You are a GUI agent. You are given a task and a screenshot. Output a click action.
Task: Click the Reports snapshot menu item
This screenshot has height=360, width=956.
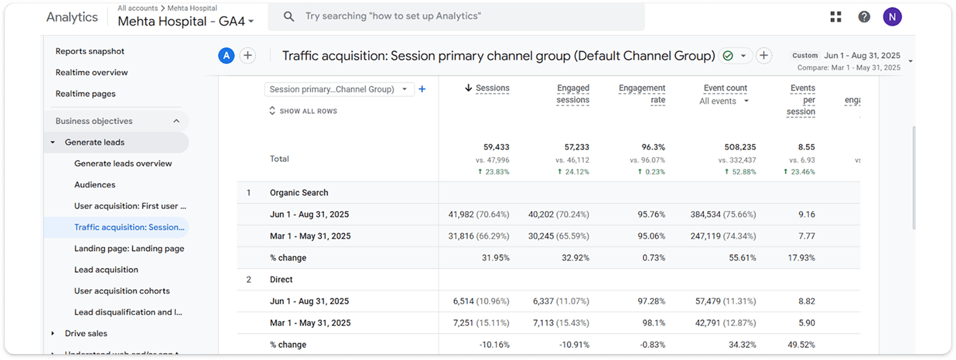pos(90,51)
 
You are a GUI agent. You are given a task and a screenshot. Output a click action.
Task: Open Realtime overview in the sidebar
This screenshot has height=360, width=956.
pos(92,72)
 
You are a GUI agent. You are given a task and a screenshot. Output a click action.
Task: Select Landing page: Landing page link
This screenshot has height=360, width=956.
pos(129,248)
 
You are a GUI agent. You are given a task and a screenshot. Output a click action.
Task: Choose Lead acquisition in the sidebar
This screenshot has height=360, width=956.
pos(106,269)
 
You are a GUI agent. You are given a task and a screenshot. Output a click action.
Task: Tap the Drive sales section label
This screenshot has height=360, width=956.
pos(86,333)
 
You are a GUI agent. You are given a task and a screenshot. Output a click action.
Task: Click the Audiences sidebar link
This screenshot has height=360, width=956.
pos(95,185)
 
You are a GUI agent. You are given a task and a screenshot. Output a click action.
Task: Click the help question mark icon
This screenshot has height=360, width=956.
pos(864,17)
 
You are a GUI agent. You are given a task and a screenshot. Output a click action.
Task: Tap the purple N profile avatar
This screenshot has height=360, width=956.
pos(892,17)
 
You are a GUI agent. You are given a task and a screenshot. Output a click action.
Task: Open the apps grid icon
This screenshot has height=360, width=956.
pos(836,17)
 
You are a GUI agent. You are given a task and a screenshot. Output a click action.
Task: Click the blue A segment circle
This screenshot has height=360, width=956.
pos(226,56)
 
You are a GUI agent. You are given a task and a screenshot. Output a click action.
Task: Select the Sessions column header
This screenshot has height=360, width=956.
pos(492,88)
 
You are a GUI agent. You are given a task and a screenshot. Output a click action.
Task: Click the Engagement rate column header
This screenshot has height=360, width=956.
pos(642,94)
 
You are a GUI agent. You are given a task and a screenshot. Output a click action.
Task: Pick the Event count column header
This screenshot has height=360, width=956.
pos(725,88)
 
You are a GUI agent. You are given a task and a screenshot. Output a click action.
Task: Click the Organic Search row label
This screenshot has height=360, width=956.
pos(299,193)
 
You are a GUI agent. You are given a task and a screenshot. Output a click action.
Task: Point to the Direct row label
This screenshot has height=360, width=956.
pos(281,279)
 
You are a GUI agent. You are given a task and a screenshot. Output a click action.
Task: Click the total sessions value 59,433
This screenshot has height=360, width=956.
pos(496,147)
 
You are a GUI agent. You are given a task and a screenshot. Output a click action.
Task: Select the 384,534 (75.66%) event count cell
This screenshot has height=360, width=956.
pos(723,214)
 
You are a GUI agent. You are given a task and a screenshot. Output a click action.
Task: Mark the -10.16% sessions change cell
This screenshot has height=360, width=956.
pos(494,345)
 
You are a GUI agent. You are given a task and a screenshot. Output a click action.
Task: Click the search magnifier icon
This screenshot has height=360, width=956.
pos(289,16)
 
